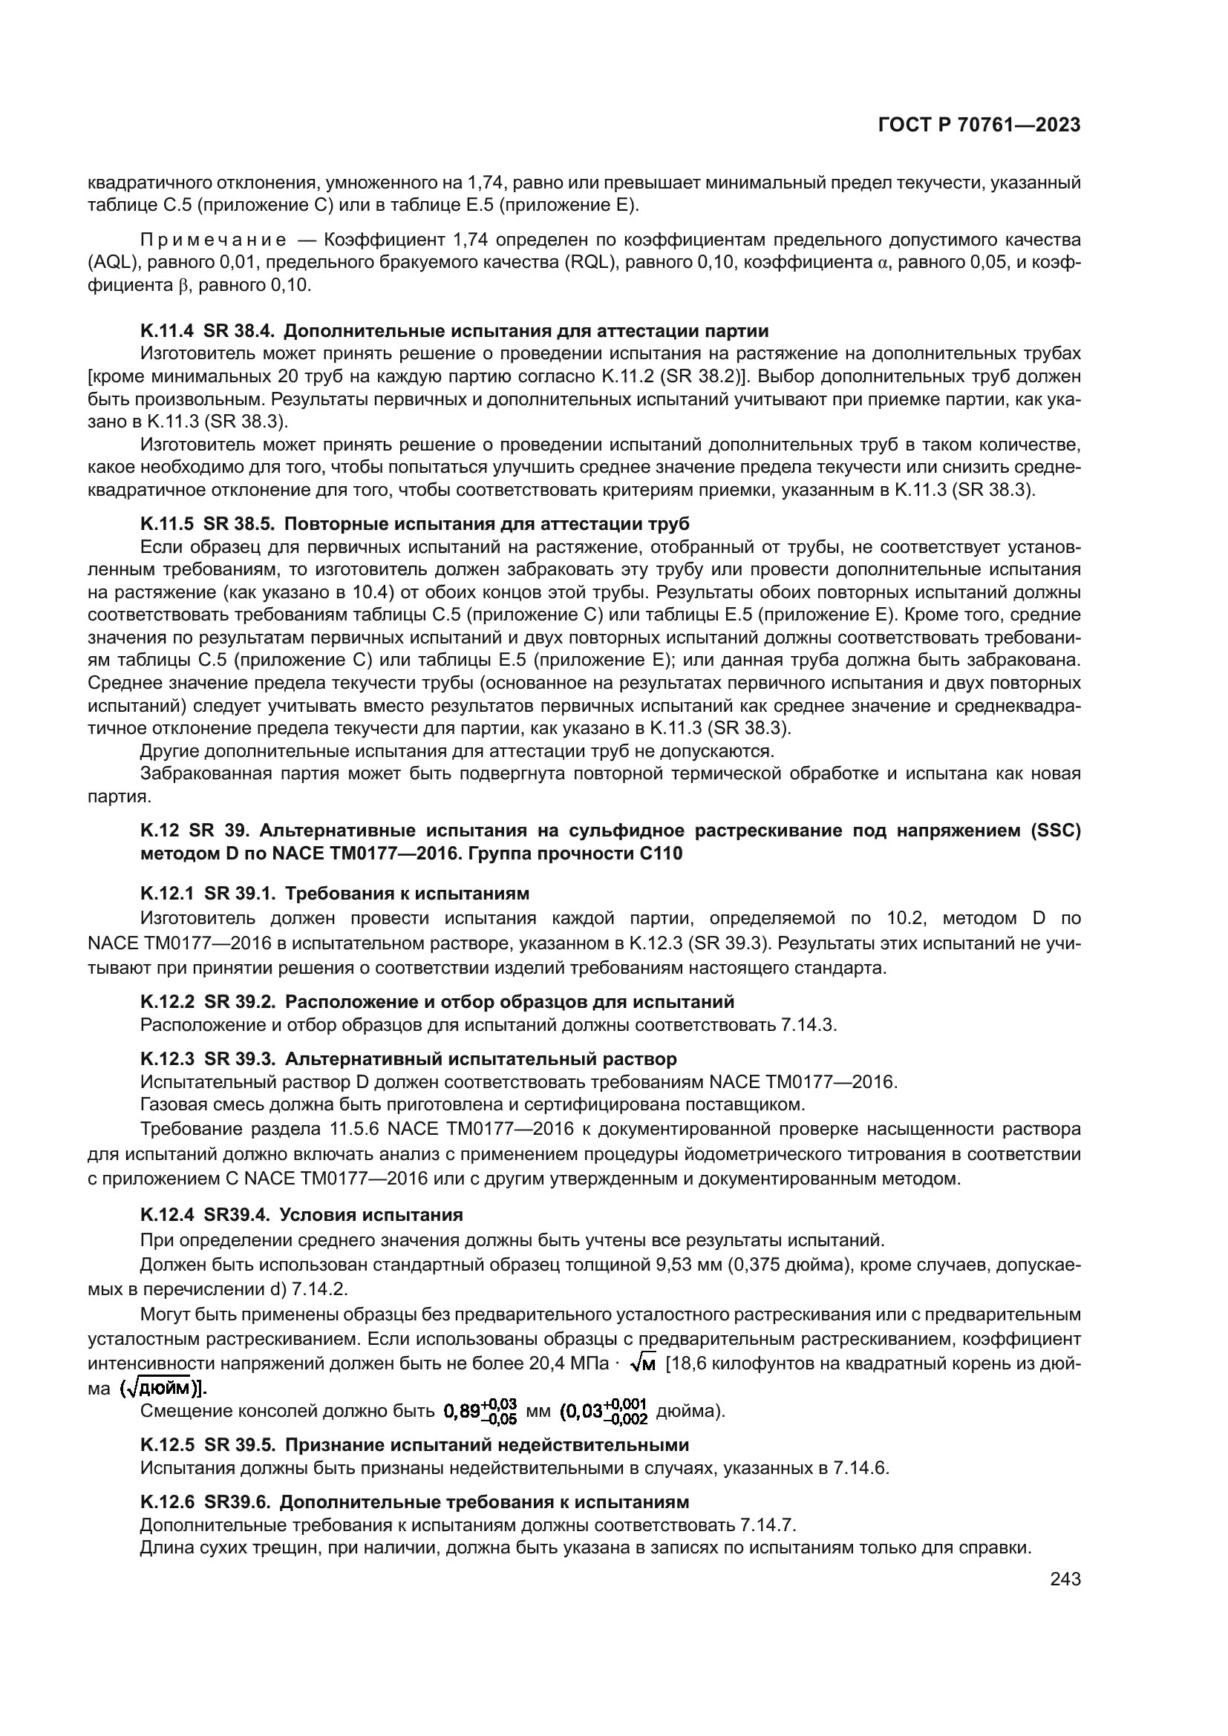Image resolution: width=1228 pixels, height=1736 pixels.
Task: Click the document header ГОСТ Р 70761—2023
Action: tap(979, 125)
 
